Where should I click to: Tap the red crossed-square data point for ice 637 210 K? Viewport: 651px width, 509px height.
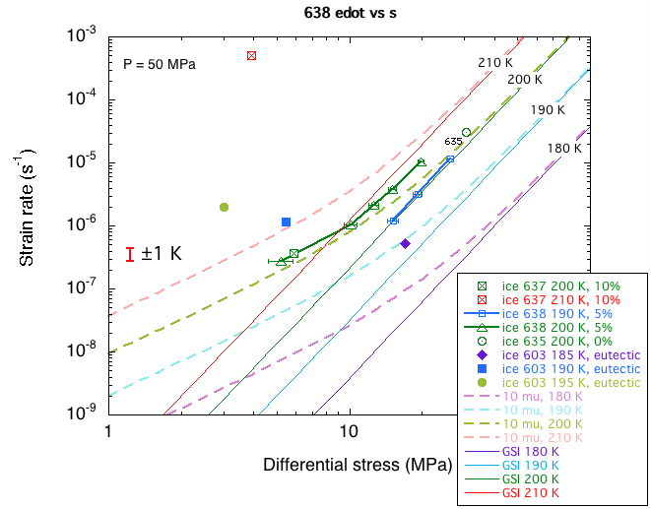(x=251, y=55)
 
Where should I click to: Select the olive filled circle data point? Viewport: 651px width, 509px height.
(x=225, y=207)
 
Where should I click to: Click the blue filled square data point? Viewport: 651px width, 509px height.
(x=286, y=223)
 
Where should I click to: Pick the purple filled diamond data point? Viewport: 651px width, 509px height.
(x=405, y=243)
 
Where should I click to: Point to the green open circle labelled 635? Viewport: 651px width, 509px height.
(x=466, y=132)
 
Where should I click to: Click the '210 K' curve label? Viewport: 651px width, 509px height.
(x=496, y=63)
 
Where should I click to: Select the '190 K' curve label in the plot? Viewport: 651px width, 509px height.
(x=548, y=110)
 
